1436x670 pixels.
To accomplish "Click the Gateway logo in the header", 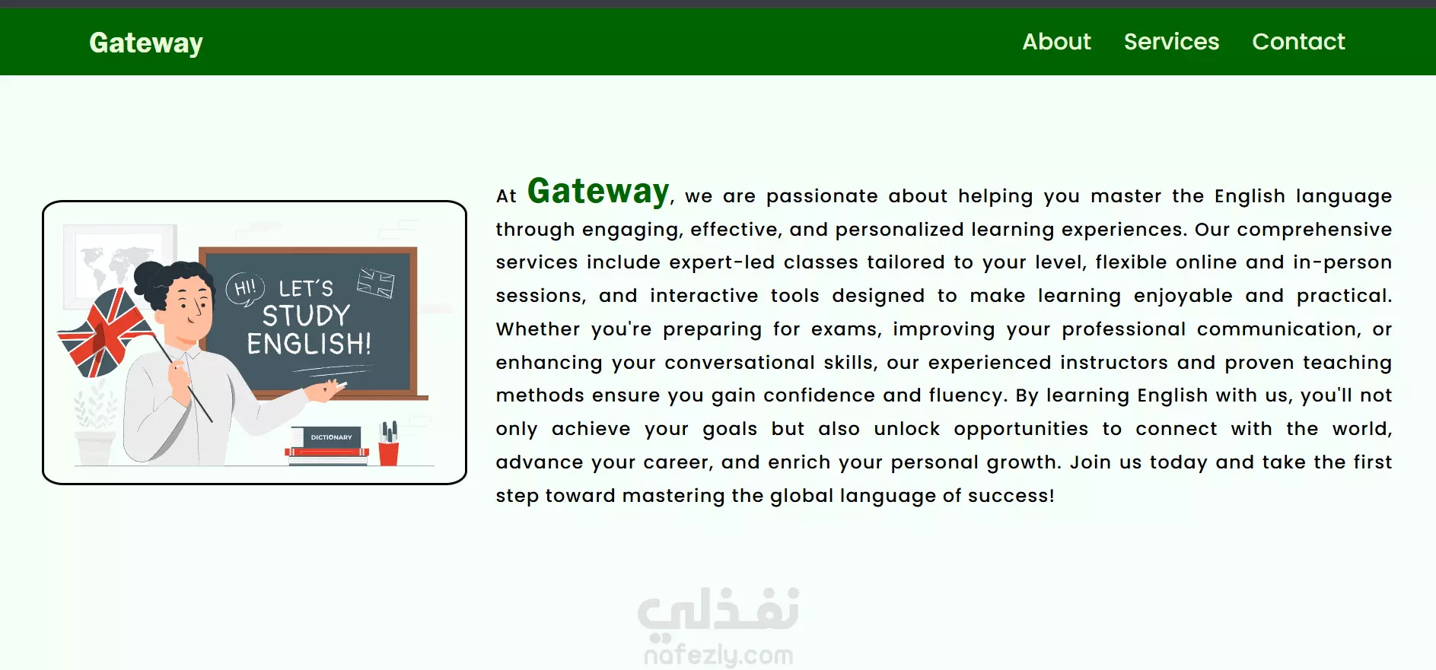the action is click(x=146, y=43).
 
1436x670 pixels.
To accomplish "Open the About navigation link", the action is click(x=1056, y=41).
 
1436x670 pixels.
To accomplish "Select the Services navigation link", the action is click(x=1171, y=41).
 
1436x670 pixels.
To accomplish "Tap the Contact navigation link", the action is click(x=1298, y=41).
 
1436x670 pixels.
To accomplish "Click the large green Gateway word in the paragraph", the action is click(x=598, y=191).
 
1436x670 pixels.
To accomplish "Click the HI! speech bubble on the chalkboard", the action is click(x=245, y=289).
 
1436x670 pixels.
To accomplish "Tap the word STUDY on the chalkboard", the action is click(x=306, y=316).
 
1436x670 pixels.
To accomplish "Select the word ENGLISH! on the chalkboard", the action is click(x=309, y=344).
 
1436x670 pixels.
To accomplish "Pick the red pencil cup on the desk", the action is click(x=389, y=452).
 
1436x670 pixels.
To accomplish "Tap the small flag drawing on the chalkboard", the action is click(x=376, y=283).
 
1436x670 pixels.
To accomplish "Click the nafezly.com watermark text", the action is click(x=718, y=655).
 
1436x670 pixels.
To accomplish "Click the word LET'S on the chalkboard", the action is click(x=306, y=288).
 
